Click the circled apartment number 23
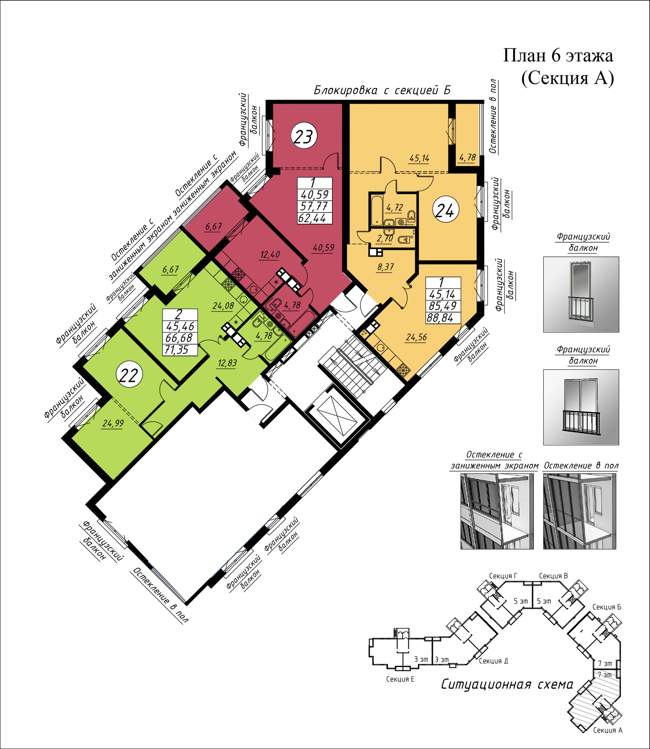click(304, 136)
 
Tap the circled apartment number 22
click(129, 375)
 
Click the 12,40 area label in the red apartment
click(270, 255)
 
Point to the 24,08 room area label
click(223, 306)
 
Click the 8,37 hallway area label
click(385, 267)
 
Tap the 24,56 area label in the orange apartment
click(416, 337)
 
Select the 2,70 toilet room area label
click(385, 239)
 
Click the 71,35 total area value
click(177, 350)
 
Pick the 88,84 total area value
click(440, 318)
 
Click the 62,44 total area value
click(312, 218)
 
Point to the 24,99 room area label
click(113, 423)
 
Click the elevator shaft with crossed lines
click(338, 417)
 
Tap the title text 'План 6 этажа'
click(558, 56)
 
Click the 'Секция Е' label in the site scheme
click(400, 679)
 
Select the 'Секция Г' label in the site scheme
click(503, 576)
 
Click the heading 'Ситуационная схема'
click(507, 684)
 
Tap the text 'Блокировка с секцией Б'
click(382, 91)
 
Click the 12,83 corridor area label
click(227, 363)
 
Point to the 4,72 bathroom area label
click(394, 208)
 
